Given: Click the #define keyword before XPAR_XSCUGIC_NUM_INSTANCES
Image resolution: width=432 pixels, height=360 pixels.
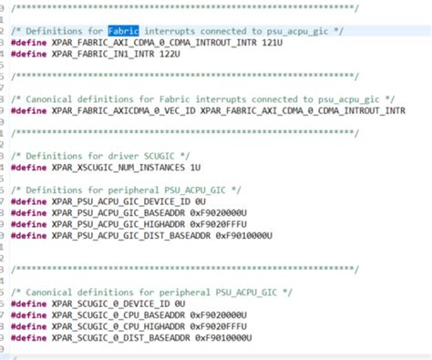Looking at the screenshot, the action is tap(30, 168).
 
